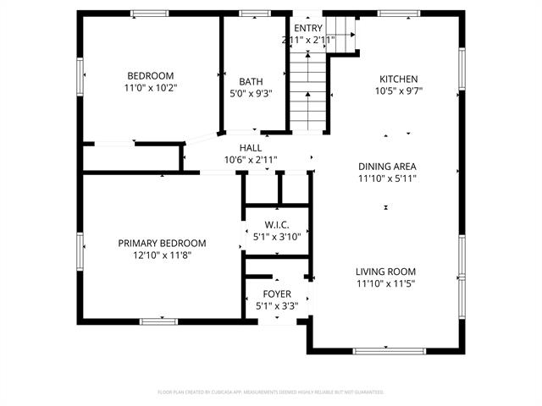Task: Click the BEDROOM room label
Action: point(151,74)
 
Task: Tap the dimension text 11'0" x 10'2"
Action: point(151,86)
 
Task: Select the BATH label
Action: point(251,82)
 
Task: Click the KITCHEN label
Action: point(398,79)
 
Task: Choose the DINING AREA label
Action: point(387,167)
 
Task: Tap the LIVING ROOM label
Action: point(385,272)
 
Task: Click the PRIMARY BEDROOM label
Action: point(162,244)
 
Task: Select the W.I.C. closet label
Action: point(277,225)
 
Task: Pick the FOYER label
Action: point(277,294)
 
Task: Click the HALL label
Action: point(250,148)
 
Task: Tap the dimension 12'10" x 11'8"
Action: point(162,255)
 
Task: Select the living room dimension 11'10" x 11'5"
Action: point(385,284)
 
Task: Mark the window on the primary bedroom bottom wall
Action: point(158,321)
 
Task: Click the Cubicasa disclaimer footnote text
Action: point(271,392)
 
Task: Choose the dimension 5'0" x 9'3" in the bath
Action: point(251,94)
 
